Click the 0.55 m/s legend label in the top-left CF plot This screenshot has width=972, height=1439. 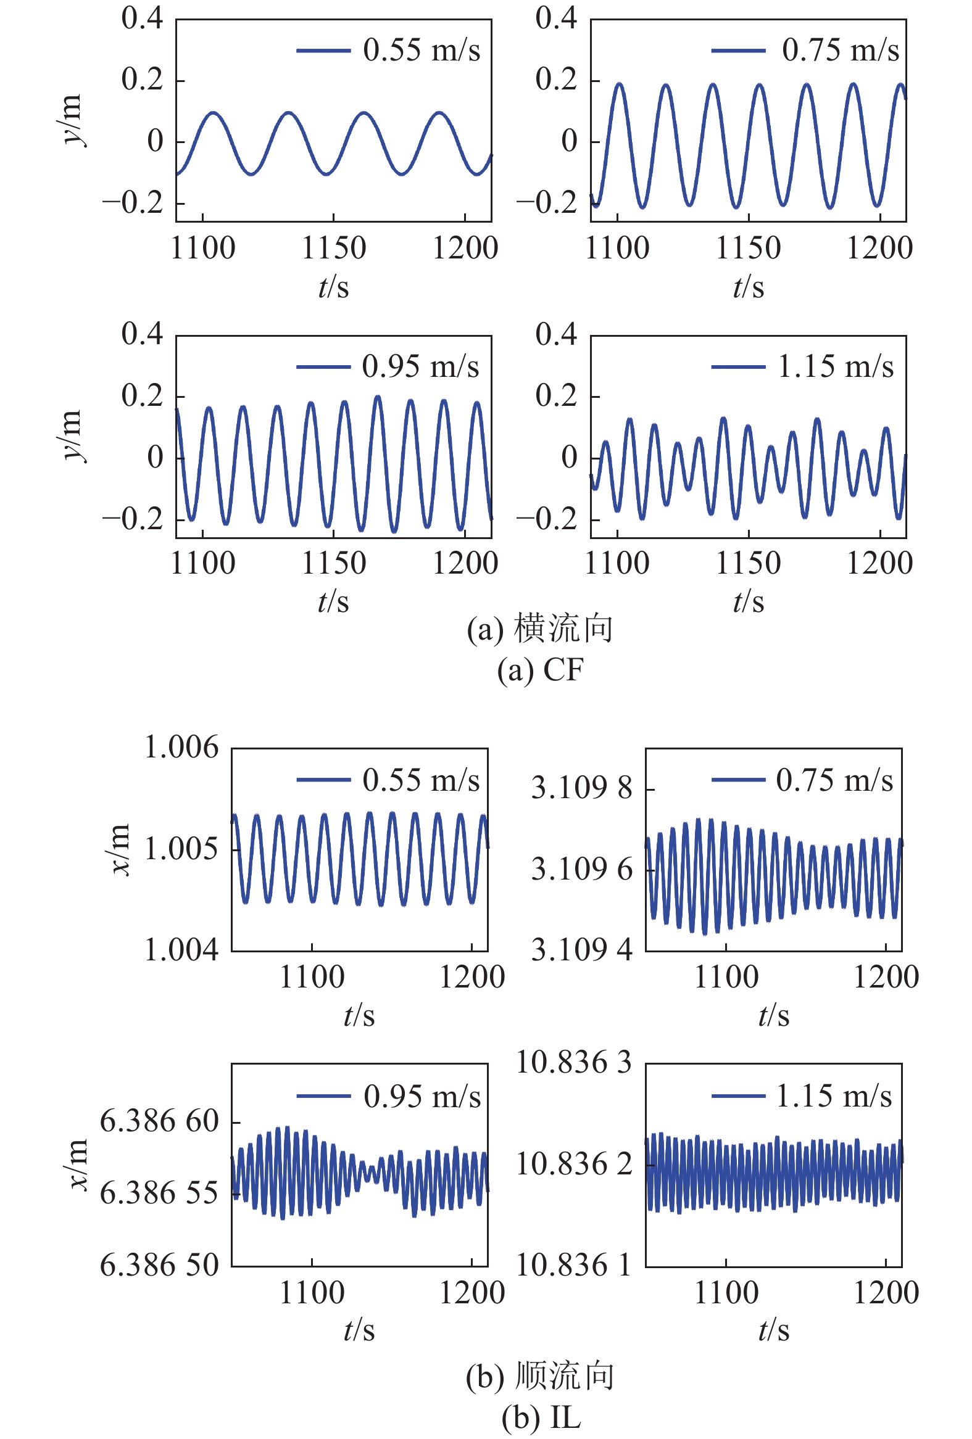(422, 50)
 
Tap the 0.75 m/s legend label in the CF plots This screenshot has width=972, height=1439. (840, 50)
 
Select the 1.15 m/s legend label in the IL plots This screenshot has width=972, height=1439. (833, 1096)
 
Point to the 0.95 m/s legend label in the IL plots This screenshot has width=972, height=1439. (422, 1097)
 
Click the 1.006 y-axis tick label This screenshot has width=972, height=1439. (181, 748)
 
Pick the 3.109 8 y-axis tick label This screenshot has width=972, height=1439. (582, 788)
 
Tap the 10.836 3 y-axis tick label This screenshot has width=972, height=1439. (574, 1063)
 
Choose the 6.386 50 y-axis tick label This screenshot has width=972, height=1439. (160, 1264)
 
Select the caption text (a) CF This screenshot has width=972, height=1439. (540, 670)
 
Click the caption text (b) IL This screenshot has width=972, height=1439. (541, 1417)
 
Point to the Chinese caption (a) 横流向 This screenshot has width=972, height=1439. (539, 629)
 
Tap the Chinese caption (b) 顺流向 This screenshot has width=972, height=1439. (539, 1376)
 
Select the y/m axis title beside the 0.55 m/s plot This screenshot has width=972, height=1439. (71, 120)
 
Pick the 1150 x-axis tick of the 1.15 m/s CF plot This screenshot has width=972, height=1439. (749, 563)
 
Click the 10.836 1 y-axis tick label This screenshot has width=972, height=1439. (574, 1264)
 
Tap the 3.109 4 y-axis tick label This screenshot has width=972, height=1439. (582, 949)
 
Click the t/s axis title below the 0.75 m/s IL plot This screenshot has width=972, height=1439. (774, 1015)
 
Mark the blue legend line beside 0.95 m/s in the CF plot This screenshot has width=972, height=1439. (323, 366)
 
